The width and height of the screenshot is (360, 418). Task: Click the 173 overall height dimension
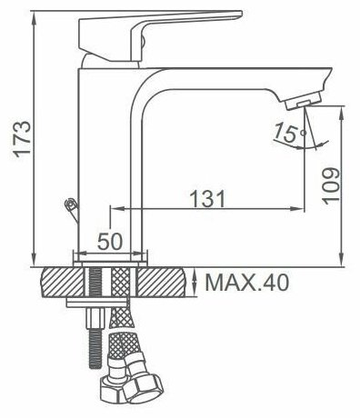(x=23, y=139)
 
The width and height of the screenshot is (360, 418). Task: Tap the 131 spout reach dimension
(x=207, y=198)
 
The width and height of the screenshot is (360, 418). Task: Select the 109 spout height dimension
(x=330, y=185)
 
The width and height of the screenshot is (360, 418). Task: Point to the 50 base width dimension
(x=110, y=242)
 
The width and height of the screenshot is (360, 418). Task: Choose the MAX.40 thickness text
(x=247, y=283)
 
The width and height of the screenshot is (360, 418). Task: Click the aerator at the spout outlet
(x=303, y=102)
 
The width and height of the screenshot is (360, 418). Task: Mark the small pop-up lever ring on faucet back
(x=71, y=204)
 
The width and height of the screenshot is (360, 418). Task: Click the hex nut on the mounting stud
(x=95, y=318)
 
